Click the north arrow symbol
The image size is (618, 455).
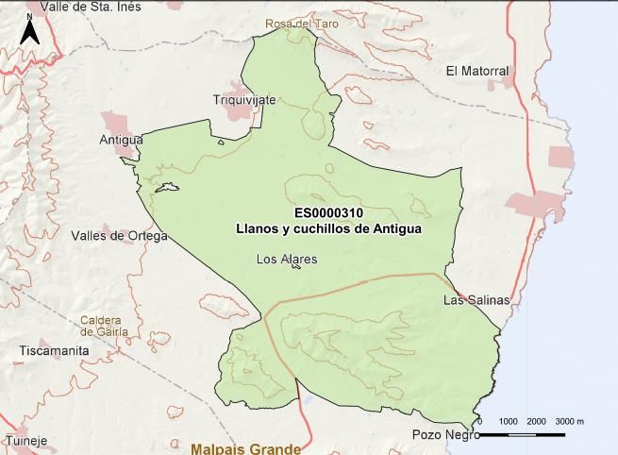coord(29,31)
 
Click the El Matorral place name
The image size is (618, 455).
coord(476,71)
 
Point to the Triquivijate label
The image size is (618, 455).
coord(244,99)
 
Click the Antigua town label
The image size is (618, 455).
coord(121,140)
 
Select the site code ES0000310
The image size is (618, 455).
coord(328,213)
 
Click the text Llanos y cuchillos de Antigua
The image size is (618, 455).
coord(328,228)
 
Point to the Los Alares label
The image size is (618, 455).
coord(287,259)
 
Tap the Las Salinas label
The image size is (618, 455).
coord(476,300)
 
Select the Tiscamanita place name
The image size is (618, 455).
coord(54,350)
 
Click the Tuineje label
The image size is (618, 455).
coord(25,440)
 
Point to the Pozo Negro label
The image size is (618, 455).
coord(446,435)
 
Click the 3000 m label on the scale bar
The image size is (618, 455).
coord(569,421)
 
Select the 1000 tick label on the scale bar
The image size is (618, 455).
coord(508,421)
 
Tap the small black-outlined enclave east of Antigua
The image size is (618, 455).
coord(167,188)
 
